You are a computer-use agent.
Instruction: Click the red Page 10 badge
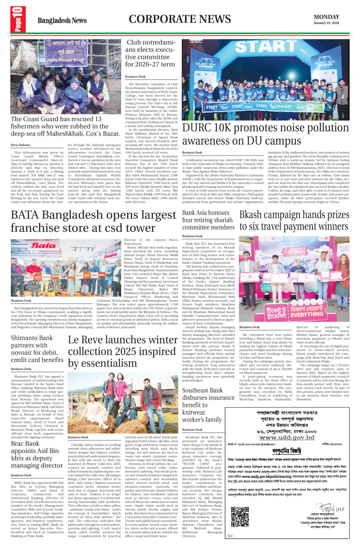[18, 20]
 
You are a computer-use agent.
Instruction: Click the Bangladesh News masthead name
[62, 20]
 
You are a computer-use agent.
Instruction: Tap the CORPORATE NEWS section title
[180, 19]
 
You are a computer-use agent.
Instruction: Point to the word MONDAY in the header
[326, 17]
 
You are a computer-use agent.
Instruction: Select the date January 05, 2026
[326, 23]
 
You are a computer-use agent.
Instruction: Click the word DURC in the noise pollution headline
[197, 128]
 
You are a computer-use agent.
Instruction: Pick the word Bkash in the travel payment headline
[252, 215]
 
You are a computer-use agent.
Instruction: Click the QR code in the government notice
[240, 517]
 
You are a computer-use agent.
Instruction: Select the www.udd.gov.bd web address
[287, 437]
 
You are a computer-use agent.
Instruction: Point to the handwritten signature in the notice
[323, 506]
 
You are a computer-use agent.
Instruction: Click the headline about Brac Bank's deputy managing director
[37, 454]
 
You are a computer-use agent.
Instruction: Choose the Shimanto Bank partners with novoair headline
[37, 349]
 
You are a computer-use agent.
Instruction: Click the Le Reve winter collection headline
[123, 351]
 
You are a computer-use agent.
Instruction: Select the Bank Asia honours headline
[207, 220]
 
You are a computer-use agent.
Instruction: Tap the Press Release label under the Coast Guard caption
[20, 145]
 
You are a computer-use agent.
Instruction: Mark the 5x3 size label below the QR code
[230, 536]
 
